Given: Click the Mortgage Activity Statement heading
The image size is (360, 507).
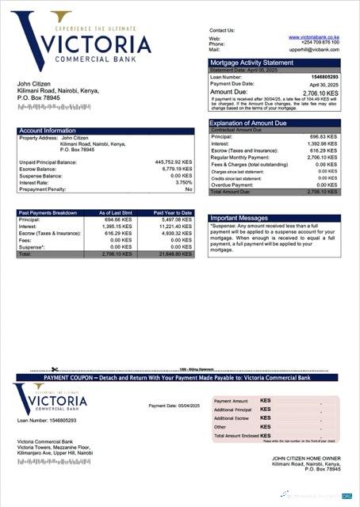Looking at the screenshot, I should point(250,63).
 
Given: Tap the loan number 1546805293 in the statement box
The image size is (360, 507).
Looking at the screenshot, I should point(324,76).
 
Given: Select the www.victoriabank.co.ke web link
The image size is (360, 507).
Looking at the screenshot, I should point(314,37).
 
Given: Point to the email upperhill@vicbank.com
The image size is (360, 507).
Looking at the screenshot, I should point(314,49).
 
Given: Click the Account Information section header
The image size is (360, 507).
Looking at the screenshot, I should point(48,130).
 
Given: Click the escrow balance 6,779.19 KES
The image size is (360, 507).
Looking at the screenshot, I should point(176,168).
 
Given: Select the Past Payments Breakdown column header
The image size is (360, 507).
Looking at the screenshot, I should point(48,212).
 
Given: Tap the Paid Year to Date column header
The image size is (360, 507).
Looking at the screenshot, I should point(173,212).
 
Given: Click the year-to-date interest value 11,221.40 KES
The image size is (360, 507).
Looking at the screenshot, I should point(174,226).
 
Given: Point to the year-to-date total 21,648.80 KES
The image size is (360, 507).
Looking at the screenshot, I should point(174,254).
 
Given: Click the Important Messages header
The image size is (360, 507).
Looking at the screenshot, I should point(239,218).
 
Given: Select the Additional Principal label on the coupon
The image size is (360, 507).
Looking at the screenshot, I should point(236,410).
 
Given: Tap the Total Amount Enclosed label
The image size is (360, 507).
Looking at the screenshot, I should point(236,435).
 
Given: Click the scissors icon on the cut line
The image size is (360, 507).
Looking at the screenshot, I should point(55,368).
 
